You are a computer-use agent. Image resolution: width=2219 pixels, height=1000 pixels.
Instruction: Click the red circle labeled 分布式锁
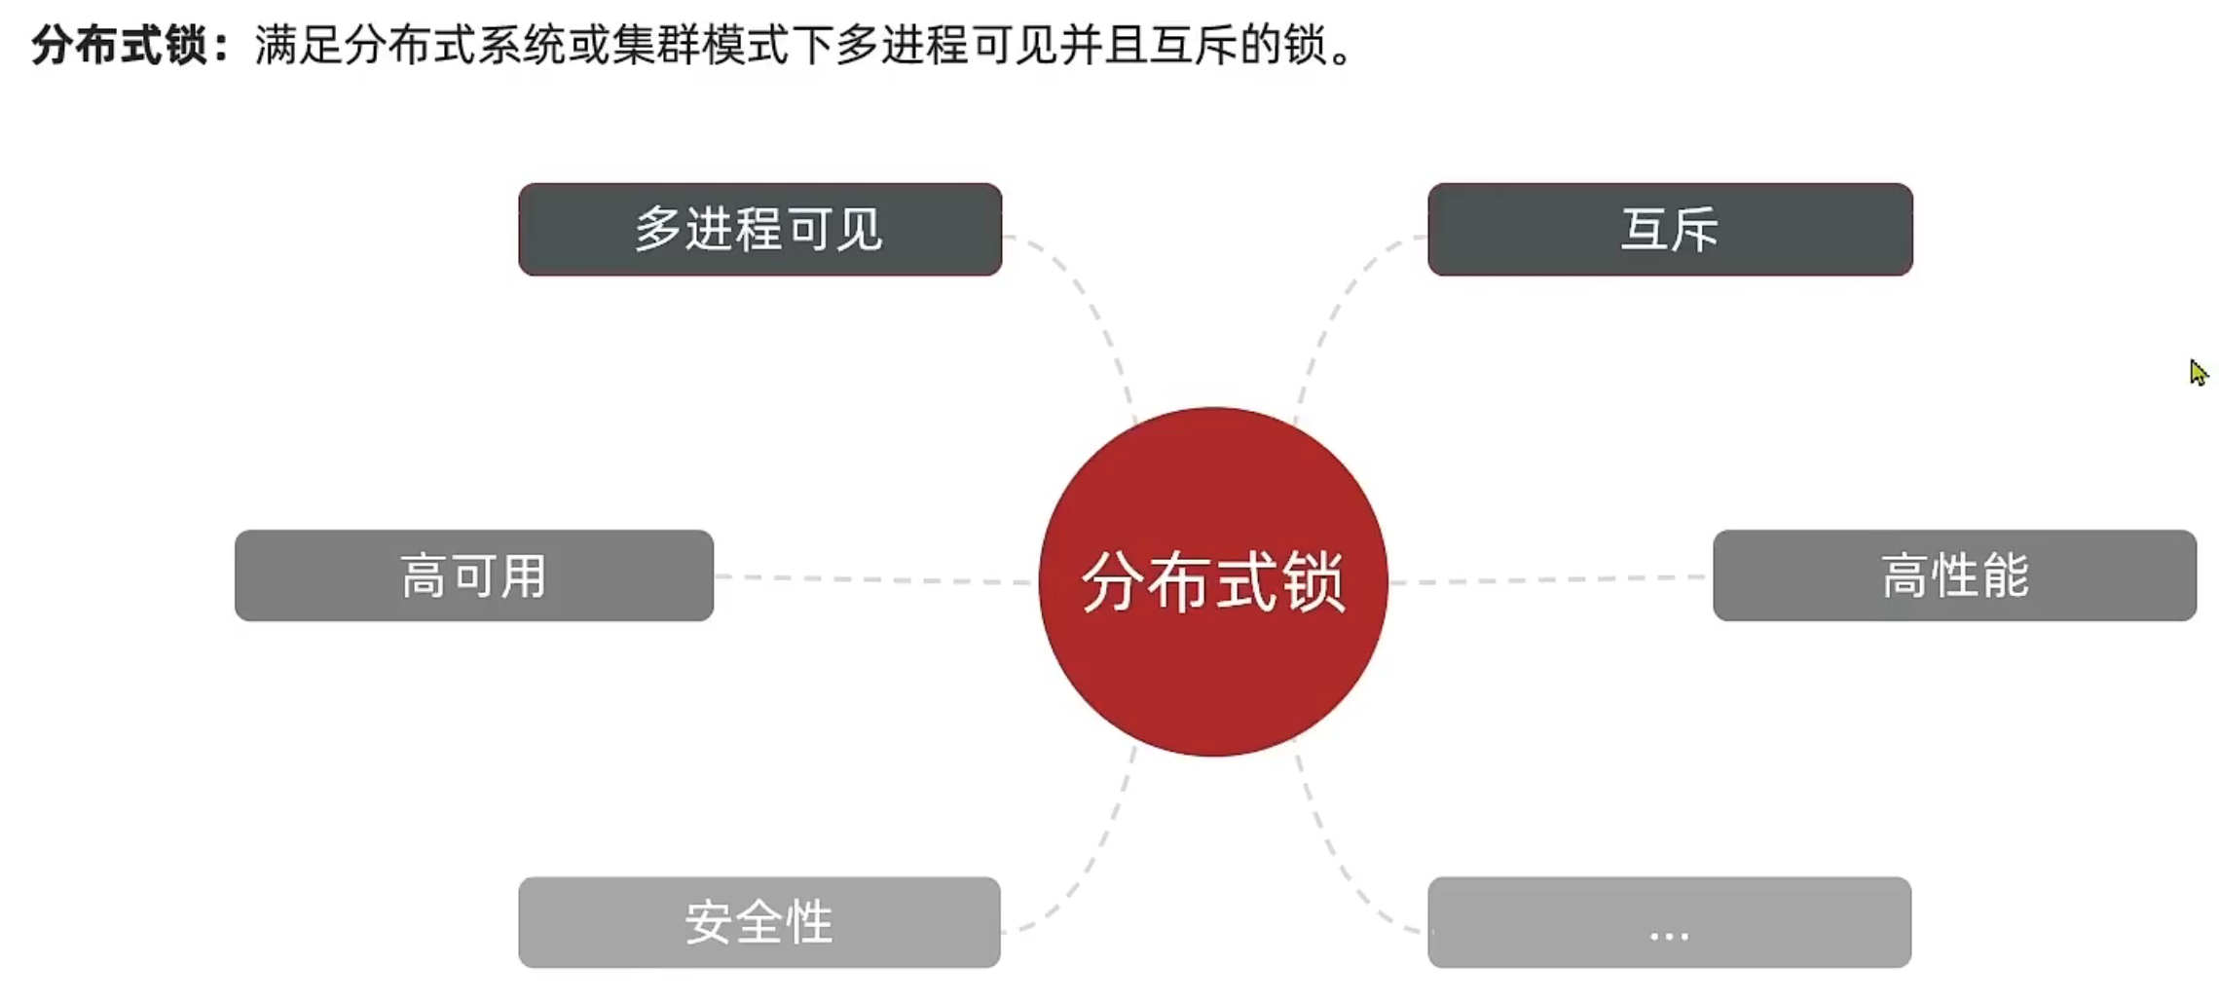click(1212, 581)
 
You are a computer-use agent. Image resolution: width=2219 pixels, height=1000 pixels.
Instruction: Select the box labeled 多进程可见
click(759, 230)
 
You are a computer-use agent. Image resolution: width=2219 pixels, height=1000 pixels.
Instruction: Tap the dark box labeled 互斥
click(1669, 230)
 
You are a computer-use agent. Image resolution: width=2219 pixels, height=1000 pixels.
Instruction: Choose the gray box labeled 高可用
click(474, 575)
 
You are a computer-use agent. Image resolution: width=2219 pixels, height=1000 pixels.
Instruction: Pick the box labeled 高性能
click(1953, 575)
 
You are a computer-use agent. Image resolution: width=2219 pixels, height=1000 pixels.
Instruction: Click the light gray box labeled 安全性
click(759, 922)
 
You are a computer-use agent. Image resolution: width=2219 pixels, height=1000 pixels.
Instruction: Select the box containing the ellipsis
click(1669, 922)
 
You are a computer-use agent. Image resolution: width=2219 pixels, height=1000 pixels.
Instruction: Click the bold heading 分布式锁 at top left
click(119, 45)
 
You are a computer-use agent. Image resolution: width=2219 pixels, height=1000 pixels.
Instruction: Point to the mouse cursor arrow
click(2197, 372)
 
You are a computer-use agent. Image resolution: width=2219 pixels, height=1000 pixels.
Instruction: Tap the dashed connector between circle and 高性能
click(1548, 579)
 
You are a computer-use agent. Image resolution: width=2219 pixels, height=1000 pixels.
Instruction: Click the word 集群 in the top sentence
click(657, 45)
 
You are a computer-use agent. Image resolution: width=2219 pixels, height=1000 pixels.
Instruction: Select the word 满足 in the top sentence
click(298, 45)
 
